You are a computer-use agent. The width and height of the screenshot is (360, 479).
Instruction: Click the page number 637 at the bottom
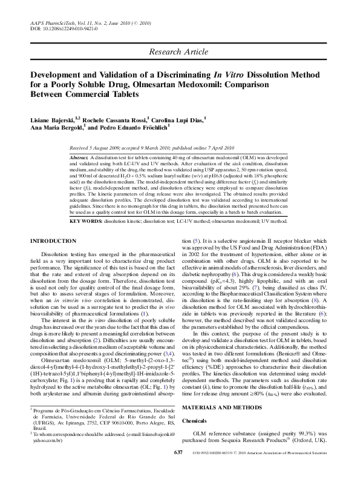[177, 469]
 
